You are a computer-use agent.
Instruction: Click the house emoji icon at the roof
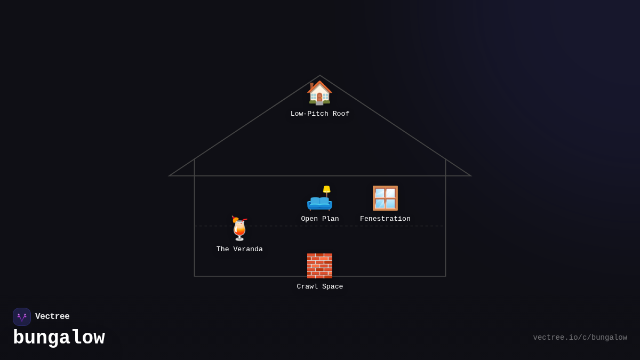click(x=319, y=93)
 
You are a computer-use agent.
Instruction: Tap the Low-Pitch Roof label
click(x=320, y=114)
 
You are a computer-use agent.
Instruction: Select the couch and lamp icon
click(x=319, y=199)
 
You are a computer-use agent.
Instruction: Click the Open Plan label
click(x=320, y=219)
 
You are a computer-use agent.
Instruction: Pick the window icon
click(x=385, y=198)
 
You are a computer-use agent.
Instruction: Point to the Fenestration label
click(x=385, y=219)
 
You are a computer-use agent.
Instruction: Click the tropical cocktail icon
click(x=239, y=229)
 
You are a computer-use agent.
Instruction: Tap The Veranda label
click(x=239, y=250)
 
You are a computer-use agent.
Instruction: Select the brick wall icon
click(x=319, y=266)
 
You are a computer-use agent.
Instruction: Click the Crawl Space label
click(x=320, y=287)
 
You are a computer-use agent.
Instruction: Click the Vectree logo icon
click(x=22, y=317)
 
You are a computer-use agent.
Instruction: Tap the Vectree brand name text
click(x=52, y=317)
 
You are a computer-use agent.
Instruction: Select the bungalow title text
click(x=59, y=338)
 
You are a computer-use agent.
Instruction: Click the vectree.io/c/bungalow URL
click(x=580, y=338)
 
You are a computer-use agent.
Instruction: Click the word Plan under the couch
click(x=329, y=219)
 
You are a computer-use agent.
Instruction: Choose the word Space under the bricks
click(x=332, y=287)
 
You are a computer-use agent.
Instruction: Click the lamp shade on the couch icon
click(x=326, y=189)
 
